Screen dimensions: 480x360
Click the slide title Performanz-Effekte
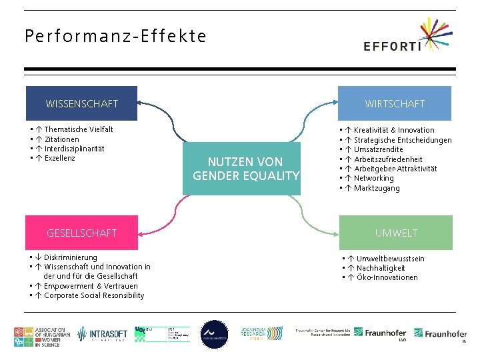pyautogui.click(x=115, y=36)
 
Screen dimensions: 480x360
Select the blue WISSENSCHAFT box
pyautogui.click(x=81, y=103)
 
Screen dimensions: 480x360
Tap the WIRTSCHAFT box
pyautogui.click(x=394, y=103)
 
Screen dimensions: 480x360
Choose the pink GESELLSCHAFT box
pyautogui.click(x=81, y=233)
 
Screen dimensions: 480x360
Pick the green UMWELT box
pyautogui.click(x=395, y=233)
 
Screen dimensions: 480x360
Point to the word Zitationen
pyautogui.click(x=61, y=139)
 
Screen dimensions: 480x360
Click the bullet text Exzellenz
pyautogui.click(x=59, y=158)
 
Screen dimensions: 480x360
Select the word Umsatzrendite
pyautogui.click(x=378, y=149)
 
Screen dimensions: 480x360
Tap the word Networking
pyautogui.click(x=373, y=178)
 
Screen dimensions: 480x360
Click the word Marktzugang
pyautogui.click(x=377, y=188)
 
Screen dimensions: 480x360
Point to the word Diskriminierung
pyautogui.click(x=70, y=257)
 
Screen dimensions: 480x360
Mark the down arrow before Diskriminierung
pyautogui.click(x=39, y=257)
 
